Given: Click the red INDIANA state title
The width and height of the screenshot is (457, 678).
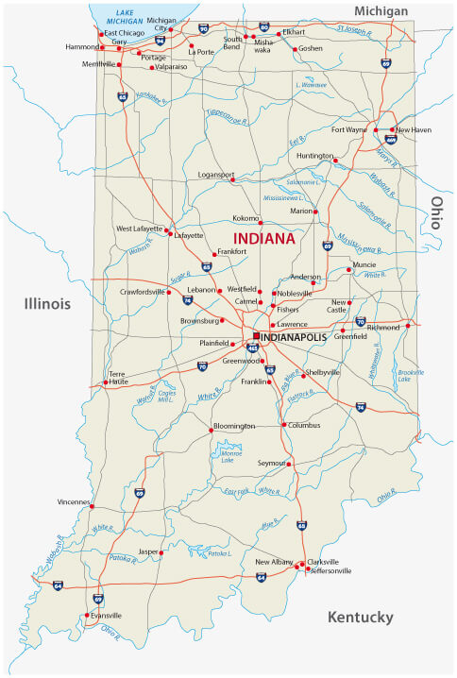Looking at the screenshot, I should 263,238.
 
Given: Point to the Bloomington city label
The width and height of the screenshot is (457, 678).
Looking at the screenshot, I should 234,426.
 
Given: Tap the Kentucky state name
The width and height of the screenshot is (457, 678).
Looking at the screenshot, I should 359,618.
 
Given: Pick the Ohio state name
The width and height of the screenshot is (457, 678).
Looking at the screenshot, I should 437,216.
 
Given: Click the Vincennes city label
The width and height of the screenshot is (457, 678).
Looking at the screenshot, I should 73,501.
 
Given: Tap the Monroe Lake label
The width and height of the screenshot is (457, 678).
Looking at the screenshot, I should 231,457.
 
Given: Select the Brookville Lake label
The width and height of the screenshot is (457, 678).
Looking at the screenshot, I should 411,379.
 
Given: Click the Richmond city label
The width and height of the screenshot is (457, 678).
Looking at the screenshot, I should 383,327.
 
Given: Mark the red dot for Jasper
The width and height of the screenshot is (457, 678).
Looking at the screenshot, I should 161,552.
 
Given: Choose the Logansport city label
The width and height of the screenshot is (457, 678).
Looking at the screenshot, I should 209,175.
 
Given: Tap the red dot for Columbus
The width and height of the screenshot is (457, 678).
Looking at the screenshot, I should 283,425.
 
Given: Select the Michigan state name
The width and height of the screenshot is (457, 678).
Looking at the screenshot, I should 381,10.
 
